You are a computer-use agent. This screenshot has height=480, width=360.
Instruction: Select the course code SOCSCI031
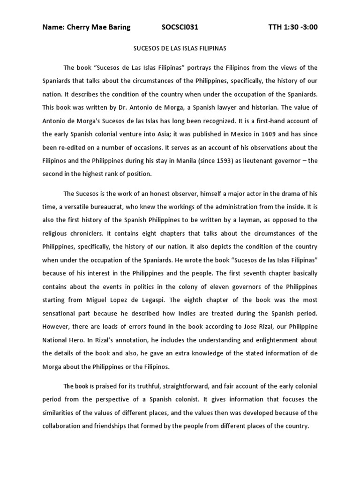coord(180,27)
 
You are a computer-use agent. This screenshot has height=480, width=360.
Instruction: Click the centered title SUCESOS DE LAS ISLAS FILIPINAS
coord(180,48)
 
